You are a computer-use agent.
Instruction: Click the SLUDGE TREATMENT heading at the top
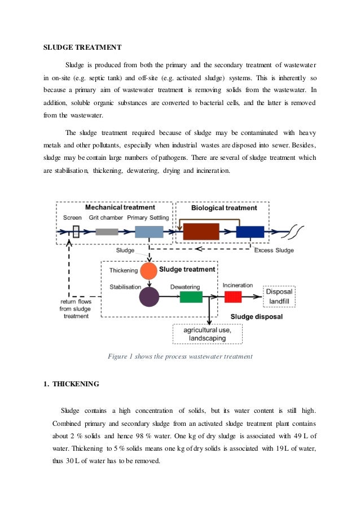(82, 47)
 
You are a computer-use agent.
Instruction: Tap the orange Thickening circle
(149, 271)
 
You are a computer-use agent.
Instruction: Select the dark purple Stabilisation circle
(150, 297)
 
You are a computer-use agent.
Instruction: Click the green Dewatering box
(191, 297)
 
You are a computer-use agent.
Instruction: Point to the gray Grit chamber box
(107, 232)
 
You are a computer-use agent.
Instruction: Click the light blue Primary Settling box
(149, 232)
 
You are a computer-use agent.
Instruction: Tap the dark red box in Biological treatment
(201, 232)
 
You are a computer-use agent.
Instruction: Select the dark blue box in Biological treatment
(250, 232)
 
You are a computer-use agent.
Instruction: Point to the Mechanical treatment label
(120, 207)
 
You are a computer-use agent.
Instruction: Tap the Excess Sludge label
(274, 250)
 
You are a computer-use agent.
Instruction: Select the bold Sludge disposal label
(257, 317)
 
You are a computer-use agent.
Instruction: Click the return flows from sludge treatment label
(76, 310)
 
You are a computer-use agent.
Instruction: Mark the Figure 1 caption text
(179, 356)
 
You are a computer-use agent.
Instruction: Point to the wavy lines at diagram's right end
(297, 231)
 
